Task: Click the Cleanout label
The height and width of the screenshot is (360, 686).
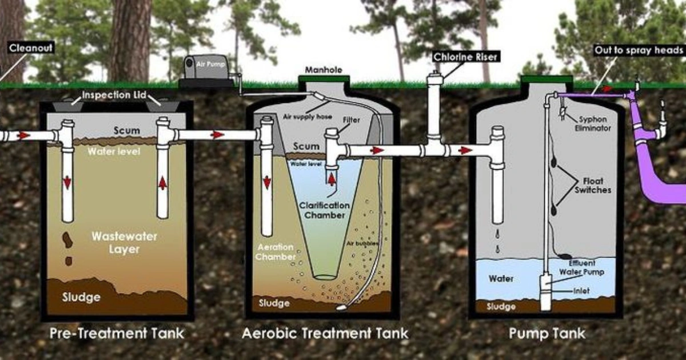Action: tap(31, 48)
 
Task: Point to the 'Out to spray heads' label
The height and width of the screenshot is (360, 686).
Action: tap(639, 50)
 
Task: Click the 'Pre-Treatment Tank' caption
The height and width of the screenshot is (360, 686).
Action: tap(118, 333)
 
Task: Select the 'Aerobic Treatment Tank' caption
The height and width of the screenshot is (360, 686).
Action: tap(325, 333)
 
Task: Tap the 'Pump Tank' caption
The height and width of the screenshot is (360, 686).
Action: tap(547, 333)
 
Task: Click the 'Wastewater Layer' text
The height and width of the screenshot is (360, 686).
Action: tap(117, 242)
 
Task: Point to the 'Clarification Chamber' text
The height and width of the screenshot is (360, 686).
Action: tap(325, 210)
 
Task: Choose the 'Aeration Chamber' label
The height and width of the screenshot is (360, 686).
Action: tap(275, 252)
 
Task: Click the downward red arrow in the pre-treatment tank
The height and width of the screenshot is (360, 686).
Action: tap(67, 182)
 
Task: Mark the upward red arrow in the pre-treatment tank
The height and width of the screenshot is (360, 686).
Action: tap(163, 182)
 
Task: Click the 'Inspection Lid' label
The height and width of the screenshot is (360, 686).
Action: tap(114, 94)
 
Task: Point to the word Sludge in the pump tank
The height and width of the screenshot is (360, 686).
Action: tap(501, 307)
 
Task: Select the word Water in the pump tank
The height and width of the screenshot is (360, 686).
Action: tap(501, 279)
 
